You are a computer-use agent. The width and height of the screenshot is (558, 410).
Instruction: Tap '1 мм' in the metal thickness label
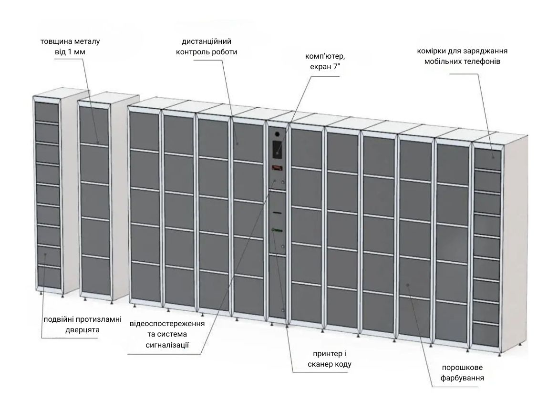point(76,52)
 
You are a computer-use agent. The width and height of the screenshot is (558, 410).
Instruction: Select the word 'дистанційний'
point(207,41)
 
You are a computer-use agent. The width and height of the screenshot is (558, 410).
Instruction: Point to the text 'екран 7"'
point(325,67)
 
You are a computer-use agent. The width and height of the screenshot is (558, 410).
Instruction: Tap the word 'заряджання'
point(486,51)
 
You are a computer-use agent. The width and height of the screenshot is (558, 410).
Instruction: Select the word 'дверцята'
point(82,329)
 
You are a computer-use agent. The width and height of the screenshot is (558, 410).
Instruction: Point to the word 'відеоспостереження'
point(167,324)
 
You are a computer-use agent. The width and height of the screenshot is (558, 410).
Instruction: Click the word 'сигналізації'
point(167,345)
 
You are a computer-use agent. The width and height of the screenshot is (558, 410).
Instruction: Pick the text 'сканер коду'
point(330,364)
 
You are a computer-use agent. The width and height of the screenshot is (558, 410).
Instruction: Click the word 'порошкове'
point(462,368)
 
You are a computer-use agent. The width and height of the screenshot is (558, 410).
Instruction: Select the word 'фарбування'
point(462,378)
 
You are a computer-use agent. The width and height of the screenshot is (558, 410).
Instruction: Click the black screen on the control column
point(278,149)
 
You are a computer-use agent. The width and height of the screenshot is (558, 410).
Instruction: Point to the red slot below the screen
point(278,168)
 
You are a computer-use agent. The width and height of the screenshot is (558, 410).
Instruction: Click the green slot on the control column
point(277,230)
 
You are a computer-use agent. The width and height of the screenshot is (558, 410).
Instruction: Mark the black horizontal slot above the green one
point(278,213)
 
